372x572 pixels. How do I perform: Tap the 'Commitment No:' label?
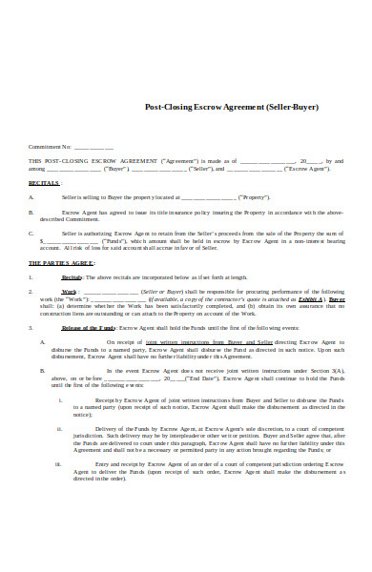(x=51, y=148)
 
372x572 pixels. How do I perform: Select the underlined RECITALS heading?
(x=44, y=181)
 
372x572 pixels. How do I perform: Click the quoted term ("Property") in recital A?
(x=252, y=196)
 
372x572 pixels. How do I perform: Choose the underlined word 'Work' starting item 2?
(x=70, y=290)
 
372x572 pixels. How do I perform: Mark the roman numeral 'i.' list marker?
(x=60, y=400)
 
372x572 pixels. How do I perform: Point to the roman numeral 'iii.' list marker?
(x=59, y=465)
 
